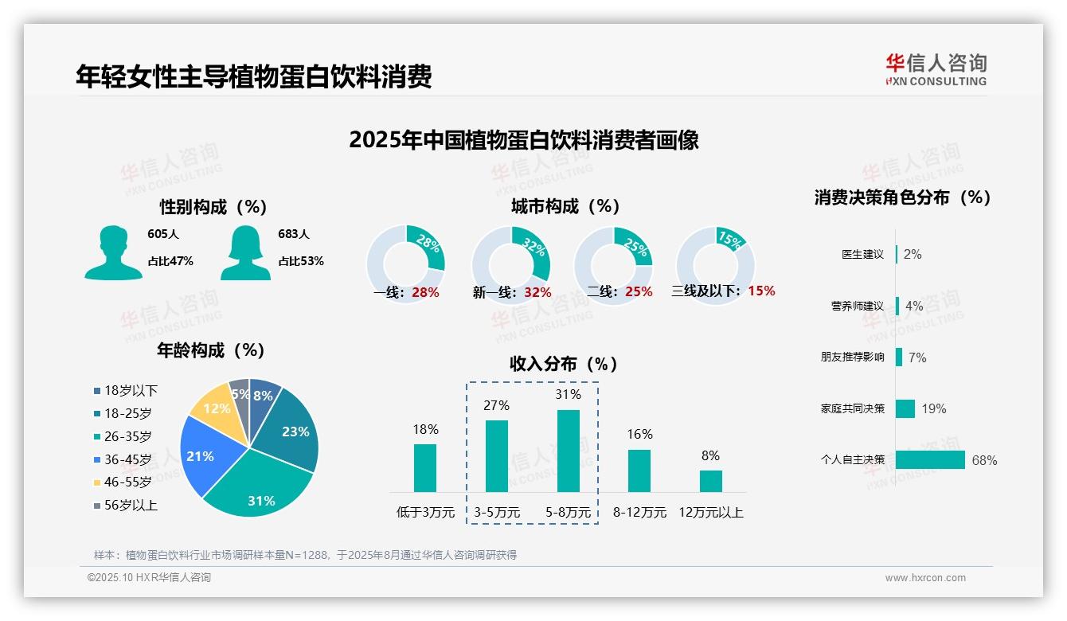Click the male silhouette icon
tap(113, 253)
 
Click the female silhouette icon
tap(245, 253)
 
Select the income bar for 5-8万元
tap(568, 451)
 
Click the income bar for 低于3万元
tap(425, 468)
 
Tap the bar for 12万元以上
tap(711, 481)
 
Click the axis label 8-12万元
tap(639, 513)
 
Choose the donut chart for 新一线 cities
tap(511, 264)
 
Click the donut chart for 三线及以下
tap(715, 264)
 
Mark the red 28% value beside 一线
tap(425, 292)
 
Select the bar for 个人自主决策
tap(930, 460)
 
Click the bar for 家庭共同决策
tap(905, 408)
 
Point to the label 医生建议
tap(862, 255)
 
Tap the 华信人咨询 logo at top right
tap(936, 69)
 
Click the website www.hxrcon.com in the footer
tap(925, 578)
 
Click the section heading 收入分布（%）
tap(564, 365)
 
